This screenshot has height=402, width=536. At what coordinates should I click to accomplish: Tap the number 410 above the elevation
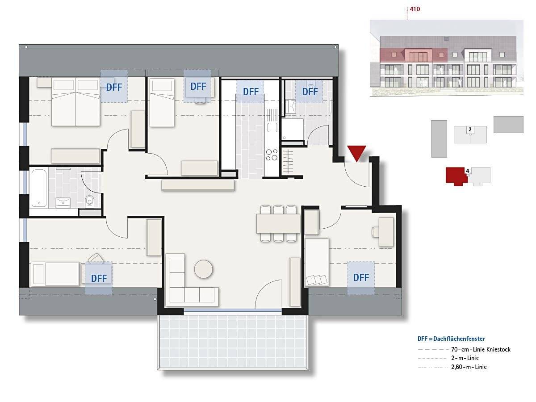pyautogui.click(x=415, y=9)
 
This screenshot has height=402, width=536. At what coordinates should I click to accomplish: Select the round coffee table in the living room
pyautogui.click(x=203, y=269)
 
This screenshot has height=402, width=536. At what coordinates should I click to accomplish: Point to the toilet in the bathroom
pyautogui.click(x=90, y=201)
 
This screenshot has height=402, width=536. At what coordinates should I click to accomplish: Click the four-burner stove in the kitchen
pyautogui.click(x=272, y=155)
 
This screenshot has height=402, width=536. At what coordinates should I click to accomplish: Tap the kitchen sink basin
pyautogui.click(x=272, y=127)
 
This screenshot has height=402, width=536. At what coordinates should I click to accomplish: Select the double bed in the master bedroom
pyautogui.click(x=75, y=102)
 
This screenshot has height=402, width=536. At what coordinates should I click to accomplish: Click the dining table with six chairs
pyautogui.click(x=278, y=224)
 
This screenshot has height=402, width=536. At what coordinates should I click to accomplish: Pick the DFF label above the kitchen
pyautogui.click(x=251, y=92)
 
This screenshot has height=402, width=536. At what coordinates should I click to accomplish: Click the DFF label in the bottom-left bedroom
pyautogui.click(x=99, y=278)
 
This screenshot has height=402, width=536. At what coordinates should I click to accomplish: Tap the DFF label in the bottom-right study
pyautogui.click(x=361, y=277)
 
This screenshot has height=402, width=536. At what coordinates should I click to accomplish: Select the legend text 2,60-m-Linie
pyautogui.click(x=469, y=367)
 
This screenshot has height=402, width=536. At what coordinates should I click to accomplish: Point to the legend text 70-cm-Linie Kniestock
pyautogui.click(x=481, y=350)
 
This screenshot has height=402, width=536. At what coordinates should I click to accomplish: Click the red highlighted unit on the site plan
pyautogui.click(x=456, y=176)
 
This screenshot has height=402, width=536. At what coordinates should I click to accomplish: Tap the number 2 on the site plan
pyautogui.click(x=470, y=130)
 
